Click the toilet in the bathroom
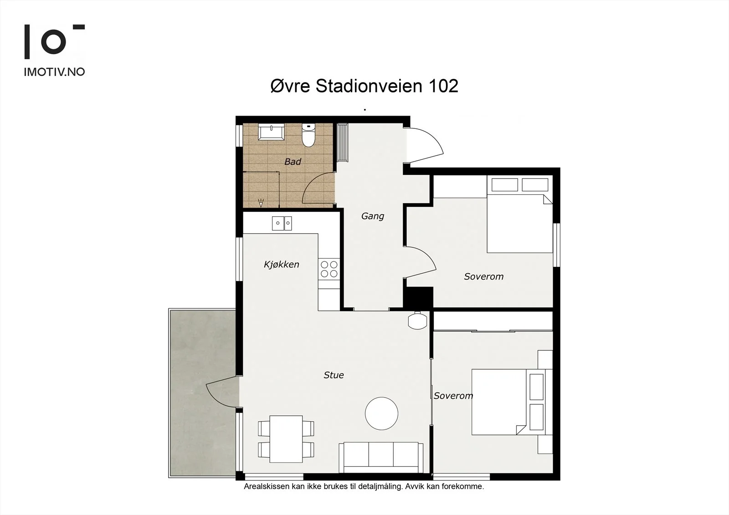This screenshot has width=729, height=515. (308, 135)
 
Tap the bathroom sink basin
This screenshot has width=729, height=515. (272, 132)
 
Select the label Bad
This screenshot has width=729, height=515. (293, 162)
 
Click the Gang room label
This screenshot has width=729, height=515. (373, 216)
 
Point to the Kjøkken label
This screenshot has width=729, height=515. (281, 265)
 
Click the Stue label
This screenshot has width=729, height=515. (334, 375)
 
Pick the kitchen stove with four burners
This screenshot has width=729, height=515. (329, 269)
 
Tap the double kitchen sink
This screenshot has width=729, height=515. (282, 223)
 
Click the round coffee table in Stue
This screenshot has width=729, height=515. (381, 413)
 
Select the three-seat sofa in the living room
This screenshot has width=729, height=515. (381, 458)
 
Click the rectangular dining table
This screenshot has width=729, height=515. (286, 439)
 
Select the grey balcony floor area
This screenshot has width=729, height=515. (202, 393)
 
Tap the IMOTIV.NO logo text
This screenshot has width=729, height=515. (54, 72)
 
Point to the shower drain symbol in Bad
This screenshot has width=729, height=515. (261, 203)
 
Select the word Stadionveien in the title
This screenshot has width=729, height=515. (369, 86)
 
